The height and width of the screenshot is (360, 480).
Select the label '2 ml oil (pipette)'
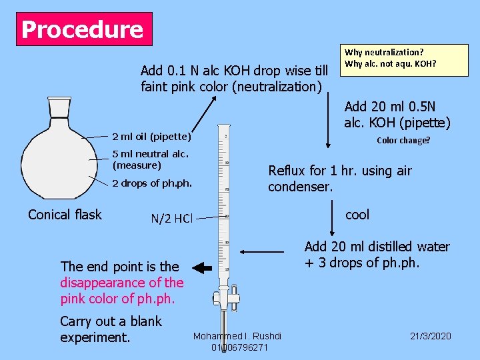[151, 137]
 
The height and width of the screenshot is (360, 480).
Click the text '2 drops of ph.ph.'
[152, 183]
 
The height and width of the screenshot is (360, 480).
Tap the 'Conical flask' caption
[65, 214]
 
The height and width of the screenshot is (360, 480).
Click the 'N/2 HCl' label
[171, 218]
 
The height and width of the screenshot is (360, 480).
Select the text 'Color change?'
[403, 141]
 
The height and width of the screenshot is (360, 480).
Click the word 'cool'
[357, 214]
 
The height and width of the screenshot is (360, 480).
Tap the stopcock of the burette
[225, 297]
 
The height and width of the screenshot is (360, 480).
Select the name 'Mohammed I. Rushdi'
[237, 336]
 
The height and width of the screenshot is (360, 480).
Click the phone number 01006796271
[239, 347]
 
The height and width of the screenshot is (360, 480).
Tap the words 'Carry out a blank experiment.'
[111, 329]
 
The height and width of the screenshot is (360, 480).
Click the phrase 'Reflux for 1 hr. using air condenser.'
[339, 179]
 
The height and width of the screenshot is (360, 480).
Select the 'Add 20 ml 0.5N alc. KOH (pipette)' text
[397, 114]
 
